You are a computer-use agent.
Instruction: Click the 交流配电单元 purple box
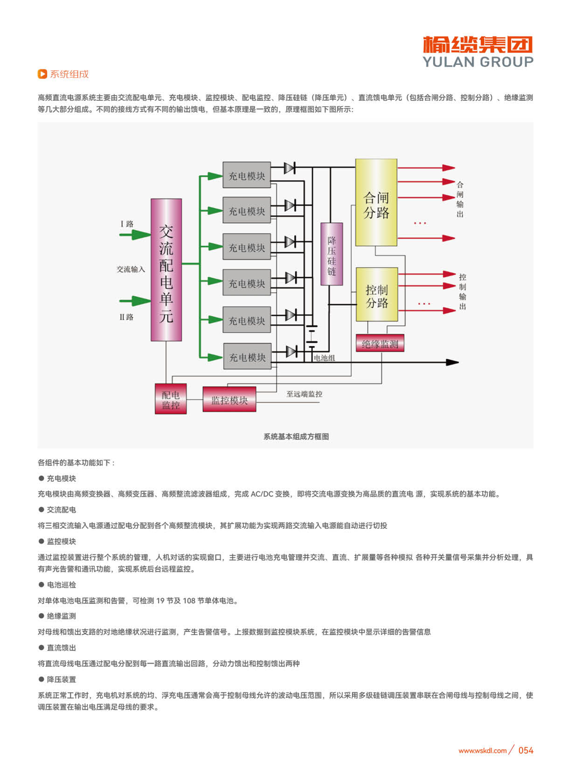point(166,270)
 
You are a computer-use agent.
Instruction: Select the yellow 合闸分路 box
point(376,202)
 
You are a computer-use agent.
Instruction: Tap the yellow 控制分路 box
point(377,295)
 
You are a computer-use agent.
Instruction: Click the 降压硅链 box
point(331,254)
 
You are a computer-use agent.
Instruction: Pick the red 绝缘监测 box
point(380,343)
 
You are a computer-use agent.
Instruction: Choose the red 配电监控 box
point(171,399)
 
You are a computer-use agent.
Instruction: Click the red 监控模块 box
point(229,399)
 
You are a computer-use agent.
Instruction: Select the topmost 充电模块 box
point(247,175)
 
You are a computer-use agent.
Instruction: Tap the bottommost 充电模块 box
point(247,357)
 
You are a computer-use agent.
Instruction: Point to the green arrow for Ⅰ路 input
point(135,235)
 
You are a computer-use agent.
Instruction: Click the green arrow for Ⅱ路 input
point(135,301)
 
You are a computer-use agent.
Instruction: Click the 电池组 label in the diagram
point(324,358)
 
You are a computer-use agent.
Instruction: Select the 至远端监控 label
point(304,394)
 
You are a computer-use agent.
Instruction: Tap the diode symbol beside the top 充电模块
point(289,168)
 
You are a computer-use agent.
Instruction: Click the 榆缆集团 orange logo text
point(478,45)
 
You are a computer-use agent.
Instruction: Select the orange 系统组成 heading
point(69,74)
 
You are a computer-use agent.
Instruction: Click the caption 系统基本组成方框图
point(296,437)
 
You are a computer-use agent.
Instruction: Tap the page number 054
point(525,751)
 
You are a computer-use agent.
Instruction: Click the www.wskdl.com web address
point(482,751)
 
